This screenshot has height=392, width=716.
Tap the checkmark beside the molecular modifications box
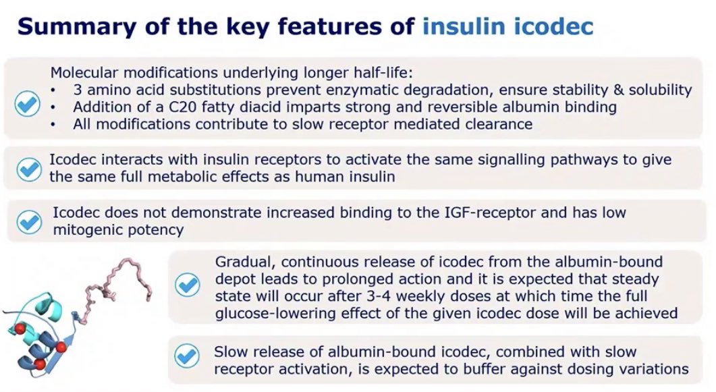click(28, 105)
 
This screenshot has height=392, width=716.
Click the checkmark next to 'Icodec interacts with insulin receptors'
click(29, 169)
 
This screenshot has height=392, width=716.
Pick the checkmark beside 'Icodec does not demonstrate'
click(29, 220)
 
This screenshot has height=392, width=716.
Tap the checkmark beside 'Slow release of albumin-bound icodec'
click(187, 355)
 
